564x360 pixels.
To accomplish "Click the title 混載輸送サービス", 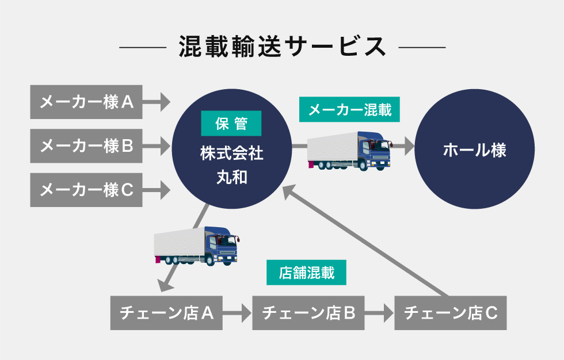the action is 283,47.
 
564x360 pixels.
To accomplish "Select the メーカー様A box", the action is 86,102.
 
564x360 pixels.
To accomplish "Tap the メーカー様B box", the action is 86,146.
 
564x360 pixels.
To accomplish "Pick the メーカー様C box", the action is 86,190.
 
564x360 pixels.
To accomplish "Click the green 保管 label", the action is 231,123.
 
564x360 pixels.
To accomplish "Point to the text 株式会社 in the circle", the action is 231,154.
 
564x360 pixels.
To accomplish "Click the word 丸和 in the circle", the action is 231,177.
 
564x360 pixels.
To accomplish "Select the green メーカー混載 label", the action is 349,109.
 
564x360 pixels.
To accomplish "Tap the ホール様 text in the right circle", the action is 474,150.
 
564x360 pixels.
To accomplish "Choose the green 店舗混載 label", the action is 306,273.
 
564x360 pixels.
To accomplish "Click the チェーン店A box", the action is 166,313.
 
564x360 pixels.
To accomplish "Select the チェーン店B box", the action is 308,313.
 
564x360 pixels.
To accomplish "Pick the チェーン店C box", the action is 450,313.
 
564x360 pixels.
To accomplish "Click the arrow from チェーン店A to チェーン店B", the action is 237,313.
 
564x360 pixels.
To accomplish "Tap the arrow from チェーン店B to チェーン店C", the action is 379,313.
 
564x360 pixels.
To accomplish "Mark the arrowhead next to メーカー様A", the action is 166,102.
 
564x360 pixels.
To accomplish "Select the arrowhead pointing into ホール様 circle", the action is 409,146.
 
